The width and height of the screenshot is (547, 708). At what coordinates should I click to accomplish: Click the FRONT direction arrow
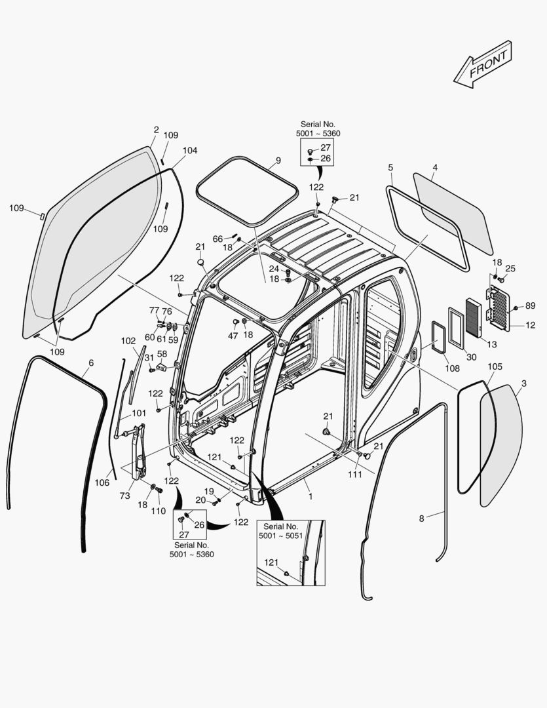[483, 64]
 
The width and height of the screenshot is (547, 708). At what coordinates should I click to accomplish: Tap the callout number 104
[189, 150]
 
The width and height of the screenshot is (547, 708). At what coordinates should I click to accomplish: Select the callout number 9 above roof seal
[278, 161]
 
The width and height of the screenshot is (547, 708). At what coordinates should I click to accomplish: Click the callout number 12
[530, 325]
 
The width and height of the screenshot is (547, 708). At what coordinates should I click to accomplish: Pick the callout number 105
[495, 366]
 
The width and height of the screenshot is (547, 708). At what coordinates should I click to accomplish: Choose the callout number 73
[124, 496]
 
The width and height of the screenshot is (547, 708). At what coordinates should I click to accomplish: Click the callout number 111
[354, 475]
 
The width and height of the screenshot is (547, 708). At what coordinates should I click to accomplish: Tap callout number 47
[233, 336]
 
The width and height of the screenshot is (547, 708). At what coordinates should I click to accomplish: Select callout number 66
[217, 239]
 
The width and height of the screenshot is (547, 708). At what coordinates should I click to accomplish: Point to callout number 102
[128, 341]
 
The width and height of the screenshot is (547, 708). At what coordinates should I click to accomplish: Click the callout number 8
[421, 518]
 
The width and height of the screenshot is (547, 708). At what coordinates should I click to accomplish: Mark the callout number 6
[90, 363]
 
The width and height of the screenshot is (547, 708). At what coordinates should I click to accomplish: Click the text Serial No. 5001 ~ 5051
[280, 530]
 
